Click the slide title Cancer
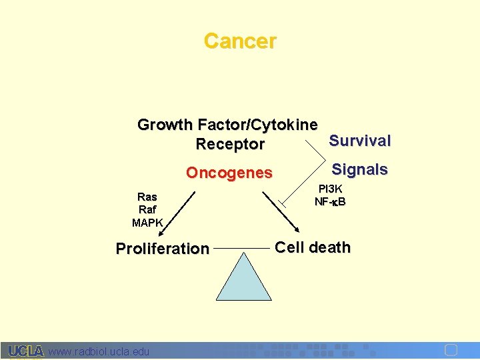pyautogui.click(x=240, y=41)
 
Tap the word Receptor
pyautogui.click(x=230, y=144)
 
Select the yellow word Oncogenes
pyautogui.click(x=229, y=173)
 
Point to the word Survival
pyautogui.click(x=360, y=141)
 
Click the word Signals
pyautogui.click(x=360, y=169)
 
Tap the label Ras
pyautogui.click(x=147, y=197)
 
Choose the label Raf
pyautogui.click(x=147, y=209)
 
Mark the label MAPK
pyautogui.click(x=147, y=222)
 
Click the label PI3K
pyautogui.click(x=330, y=189)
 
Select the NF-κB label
pyautogui.click(x=330, y=201)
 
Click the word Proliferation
pyautogui.click(x=163, y=249)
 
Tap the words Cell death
pyautogui.click(x=313, y=247)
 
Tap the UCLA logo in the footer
pyautogui.click(x=26, y=351)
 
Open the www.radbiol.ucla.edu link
pyautogui.click(x=99, y=351)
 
